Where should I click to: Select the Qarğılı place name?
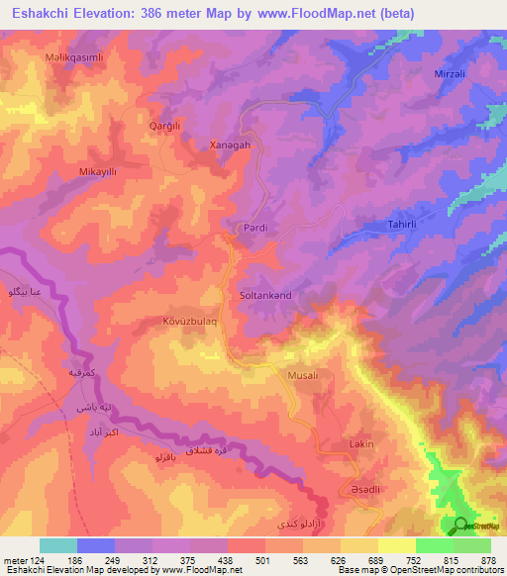(x=166, y=127)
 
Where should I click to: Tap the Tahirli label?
(x=395, y=227)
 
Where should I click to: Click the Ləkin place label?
(x=360, y=444)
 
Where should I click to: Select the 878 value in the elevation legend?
(x=488, y=560)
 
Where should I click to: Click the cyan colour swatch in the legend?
(x=58, y=545)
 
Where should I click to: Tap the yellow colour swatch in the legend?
(x=359, y=545)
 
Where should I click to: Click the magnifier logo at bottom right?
(x=460, y=526)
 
